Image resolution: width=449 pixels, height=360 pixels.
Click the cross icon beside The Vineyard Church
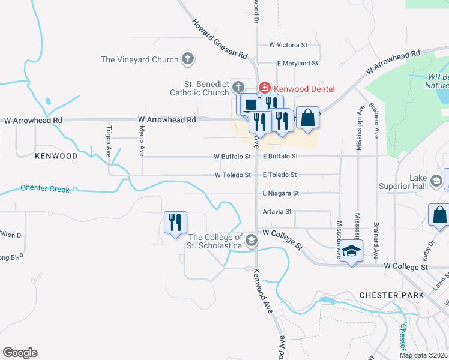pos(188,59)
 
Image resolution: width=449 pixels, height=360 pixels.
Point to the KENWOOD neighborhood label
pos(56,156)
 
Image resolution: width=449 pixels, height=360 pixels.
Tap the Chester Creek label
pos(45,188)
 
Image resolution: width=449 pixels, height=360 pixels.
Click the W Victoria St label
pos(288,45)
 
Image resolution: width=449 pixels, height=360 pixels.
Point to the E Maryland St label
pos(297,63)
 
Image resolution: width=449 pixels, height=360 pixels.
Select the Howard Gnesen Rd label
pos(220,38)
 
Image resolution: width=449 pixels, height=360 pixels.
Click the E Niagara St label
pos(280,193)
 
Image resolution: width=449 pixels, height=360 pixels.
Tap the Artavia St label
pos(277,212)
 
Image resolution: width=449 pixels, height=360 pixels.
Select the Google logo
pos(20,353)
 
